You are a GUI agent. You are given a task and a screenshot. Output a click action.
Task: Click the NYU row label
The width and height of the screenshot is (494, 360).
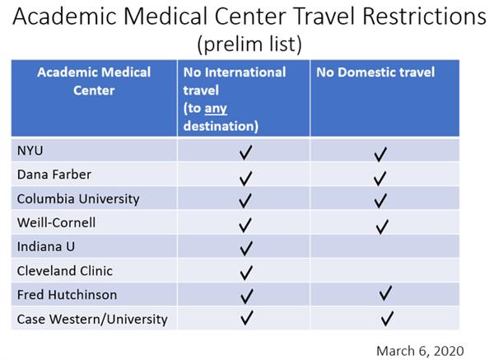click(x=30, y=152)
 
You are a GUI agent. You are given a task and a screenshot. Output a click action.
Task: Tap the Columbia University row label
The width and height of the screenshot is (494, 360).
click(x=77, y=199)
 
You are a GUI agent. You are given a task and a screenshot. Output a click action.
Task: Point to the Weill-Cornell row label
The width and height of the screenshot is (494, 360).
click(x=56, y=223)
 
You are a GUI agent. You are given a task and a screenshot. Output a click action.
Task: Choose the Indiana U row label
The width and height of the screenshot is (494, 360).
click(x=45, y=247)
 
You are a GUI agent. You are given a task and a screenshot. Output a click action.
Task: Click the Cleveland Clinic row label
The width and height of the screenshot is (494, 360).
click(x=64, y=271)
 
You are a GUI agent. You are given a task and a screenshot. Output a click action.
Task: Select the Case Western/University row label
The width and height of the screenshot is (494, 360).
click(x=91, y=319)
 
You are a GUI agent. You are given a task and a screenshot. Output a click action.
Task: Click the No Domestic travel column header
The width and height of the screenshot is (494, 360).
click(x=375, y=72)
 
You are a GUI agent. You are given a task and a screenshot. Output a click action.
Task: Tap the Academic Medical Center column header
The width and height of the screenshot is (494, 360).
click(x=94, y=81)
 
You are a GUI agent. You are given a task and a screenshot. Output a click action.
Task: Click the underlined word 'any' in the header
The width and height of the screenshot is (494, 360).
click(x=216, y=109)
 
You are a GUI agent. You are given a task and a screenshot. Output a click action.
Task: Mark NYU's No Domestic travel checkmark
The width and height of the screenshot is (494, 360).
click(x=380, y=153)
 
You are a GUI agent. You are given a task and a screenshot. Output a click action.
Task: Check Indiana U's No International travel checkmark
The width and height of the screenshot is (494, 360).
click(x=245, y=248)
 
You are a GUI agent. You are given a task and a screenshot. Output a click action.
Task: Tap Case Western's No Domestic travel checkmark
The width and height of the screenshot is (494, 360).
click(x=388, y=318)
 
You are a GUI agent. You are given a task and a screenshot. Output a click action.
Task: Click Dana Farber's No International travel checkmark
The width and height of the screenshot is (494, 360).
click(x=245, y=177)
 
